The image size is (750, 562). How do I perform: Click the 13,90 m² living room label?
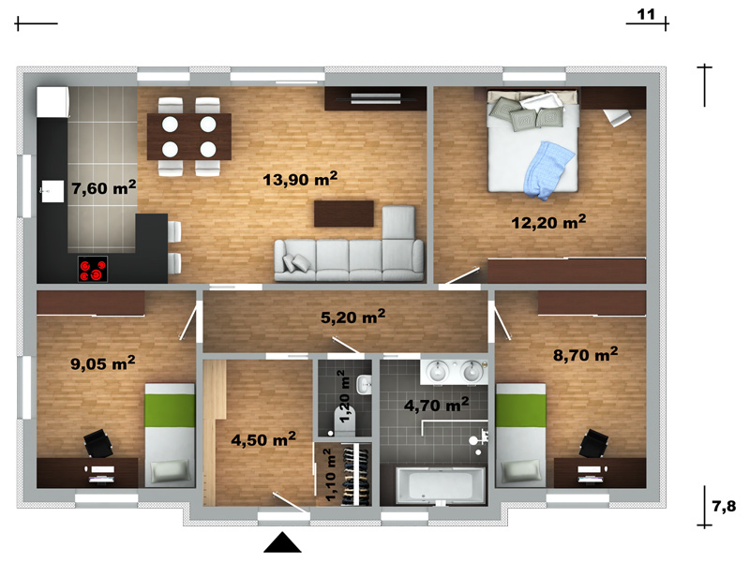(300, 179)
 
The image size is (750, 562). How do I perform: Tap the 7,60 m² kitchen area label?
(104, 187)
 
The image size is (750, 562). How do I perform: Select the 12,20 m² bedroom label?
(548, 222)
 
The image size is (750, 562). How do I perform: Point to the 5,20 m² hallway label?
(353, 317)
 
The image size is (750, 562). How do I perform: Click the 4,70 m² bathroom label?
(436, 405)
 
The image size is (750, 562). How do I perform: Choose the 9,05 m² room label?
(103, 363)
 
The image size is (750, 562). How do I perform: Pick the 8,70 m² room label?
(585, 355)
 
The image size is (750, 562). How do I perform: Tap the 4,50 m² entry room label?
(263, 438)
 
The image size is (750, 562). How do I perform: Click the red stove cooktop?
(93, 269)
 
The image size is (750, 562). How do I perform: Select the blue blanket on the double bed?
(548, 170)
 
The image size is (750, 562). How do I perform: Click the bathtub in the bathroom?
(440, 484)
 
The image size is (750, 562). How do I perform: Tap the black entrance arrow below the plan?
(283, 542)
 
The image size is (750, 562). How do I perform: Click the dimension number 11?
(646, 14)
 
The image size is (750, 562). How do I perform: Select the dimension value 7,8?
(724, 506)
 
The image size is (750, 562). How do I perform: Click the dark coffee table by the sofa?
(343, 214)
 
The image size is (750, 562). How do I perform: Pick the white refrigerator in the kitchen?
(53, 102)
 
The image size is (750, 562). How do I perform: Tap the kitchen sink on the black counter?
(52, 191)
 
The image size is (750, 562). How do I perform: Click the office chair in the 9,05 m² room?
(98, 443)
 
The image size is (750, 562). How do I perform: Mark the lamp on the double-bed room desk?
(617, 118)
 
